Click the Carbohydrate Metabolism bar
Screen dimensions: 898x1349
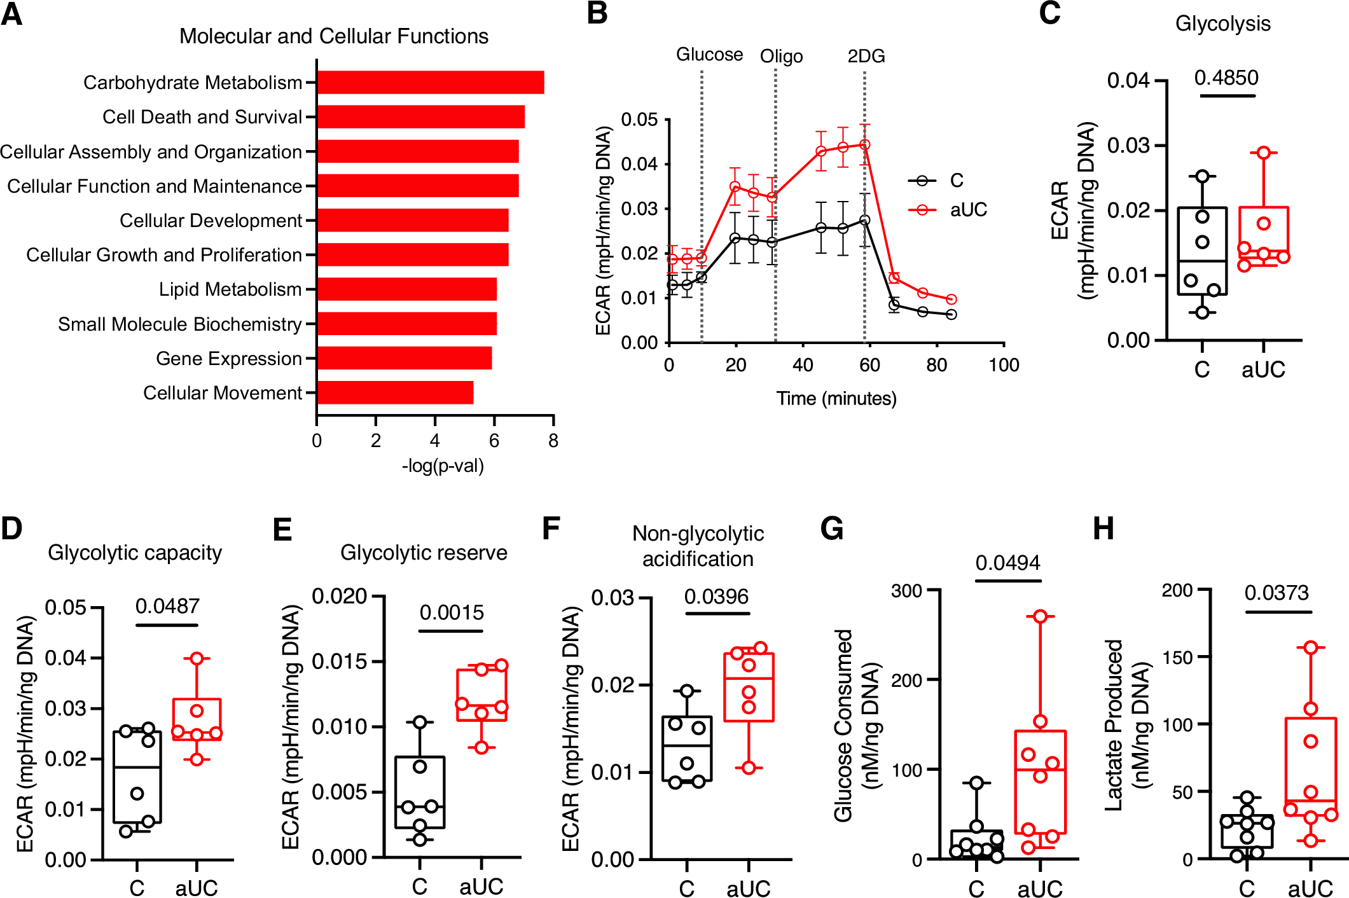point(430,83)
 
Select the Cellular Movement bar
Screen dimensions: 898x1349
point(395,392)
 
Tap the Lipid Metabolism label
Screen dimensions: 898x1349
point(230,289)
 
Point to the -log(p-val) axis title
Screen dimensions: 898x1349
point(443,466)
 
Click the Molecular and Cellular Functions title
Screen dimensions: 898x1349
point(333,36)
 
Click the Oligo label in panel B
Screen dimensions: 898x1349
point(781,57)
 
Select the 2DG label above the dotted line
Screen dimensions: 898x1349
point(866,56)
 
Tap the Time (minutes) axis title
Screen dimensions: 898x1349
point(836,399)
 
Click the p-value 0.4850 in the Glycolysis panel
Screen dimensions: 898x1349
point(1226,78)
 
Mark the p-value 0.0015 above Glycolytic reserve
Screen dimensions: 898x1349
point(452,612)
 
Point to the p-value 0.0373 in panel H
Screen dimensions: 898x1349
point(1276,593)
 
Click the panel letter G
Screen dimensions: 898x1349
point(832,528)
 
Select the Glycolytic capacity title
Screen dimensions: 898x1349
point(135,553)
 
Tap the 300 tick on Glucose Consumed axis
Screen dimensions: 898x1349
point(906,591)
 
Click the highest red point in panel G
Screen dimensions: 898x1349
point(1040,616)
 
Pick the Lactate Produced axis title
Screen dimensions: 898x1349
point(1114,725)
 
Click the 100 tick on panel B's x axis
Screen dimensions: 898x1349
point(1004,365)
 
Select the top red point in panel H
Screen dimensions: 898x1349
point(1311,647)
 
